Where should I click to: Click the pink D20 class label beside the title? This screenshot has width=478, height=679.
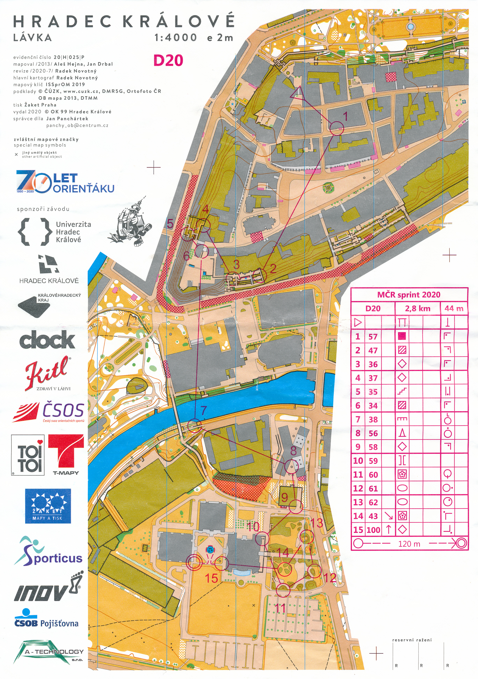(168, 60)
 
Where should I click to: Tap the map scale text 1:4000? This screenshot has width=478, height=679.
(176, 38)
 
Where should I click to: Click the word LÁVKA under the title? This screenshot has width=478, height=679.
(33, 38)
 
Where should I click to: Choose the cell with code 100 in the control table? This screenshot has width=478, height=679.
(373, 530)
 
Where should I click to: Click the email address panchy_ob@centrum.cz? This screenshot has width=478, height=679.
(77, 125)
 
